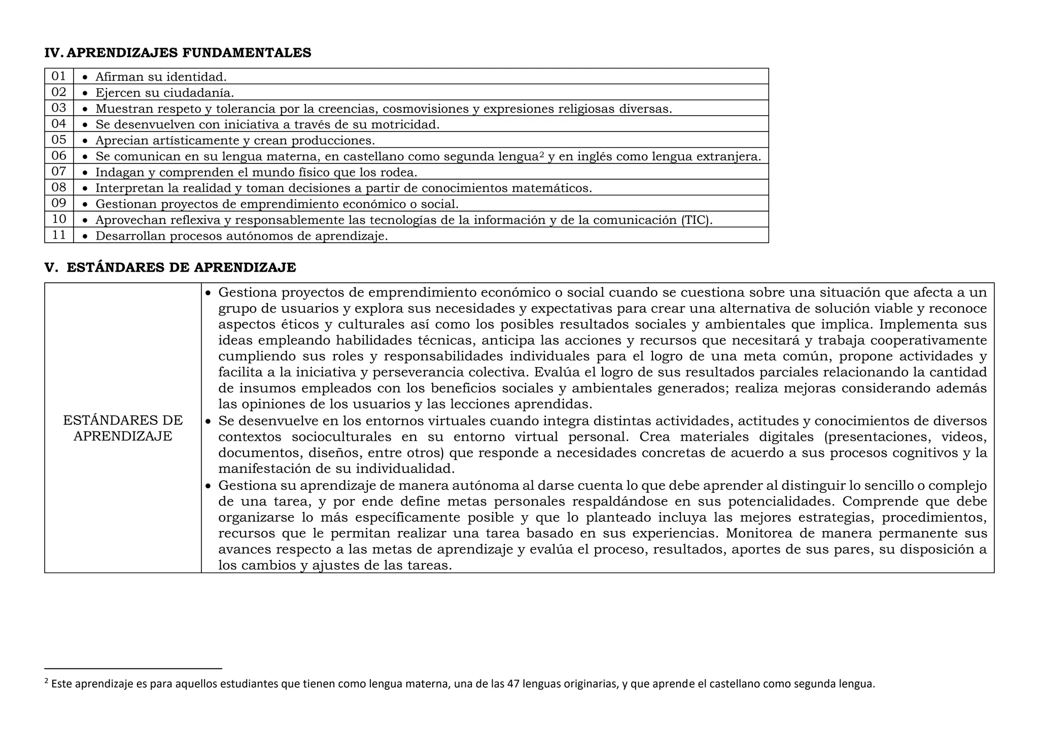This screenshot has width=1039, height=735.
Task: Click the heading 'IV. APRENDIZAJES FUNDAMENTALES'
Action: [x=178, y=53]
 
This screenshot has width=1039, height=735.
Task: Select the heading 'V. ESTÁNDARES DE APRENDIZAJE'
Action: [x=170, y=268]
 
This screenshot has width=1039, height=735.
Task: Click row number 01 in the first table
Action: [x=59, y=76]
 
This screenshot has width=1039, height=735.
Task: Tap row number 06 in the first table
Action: [x=59, y=156]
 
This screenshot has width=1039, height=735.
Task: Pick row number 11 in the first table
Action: [x=59, y=235]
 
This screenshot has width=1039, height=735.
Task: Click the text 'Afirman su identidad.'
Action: [x=161, y=77]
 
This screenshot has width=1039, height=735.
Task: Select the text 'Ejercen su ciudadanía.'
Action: [x=164, y=93]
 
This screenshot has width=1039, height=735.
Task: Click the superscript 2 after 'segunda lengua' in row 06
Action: [x=542, y=154]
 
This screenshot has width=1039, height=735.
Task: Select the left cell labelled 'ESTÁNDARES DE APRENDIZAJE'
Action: [x=123, y=428]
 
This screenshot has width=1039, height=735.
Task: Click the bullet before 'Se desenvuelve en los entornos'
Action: [x=208, y=421]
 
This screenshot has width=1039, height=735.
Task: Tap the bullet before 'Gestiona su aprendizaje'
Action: [x=208, y=486]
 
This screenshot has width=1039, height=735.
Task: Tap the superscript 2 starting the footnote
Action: [x=47, y=681]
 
